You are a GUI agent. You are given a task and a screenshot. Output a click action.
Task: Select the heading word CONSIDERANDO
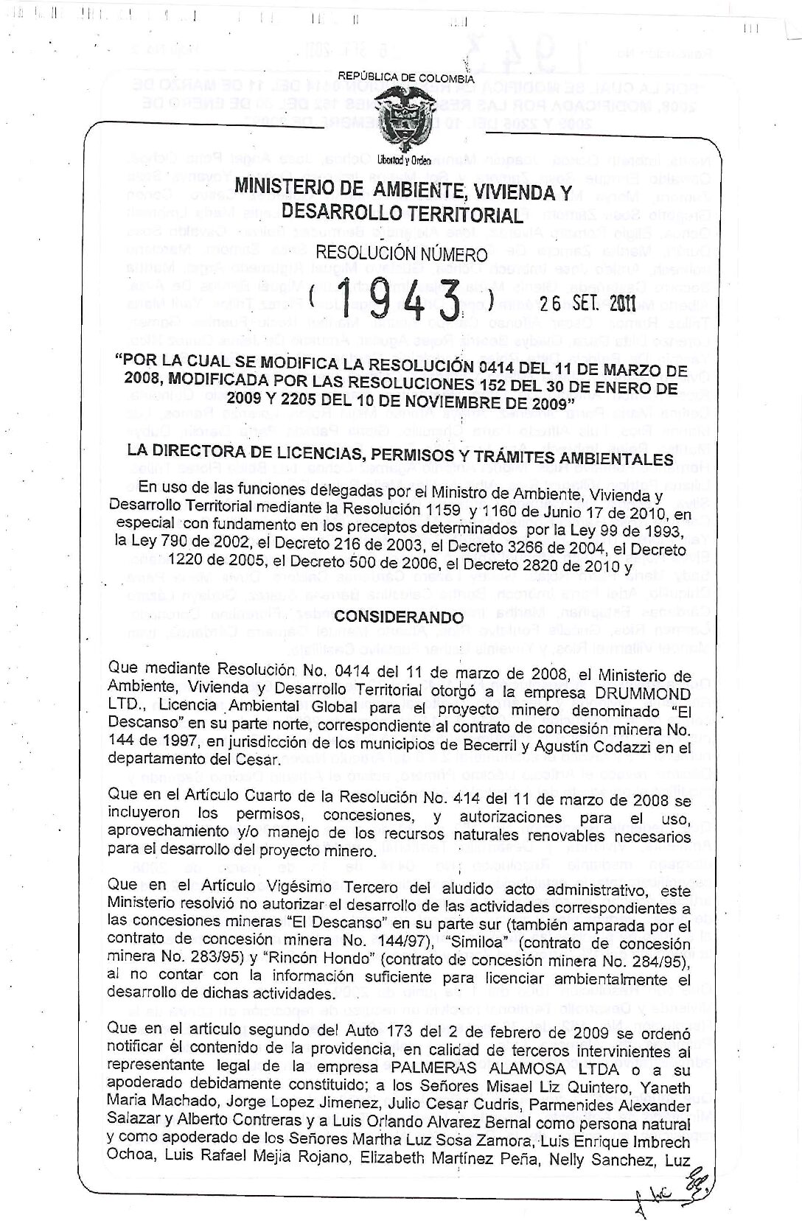401,616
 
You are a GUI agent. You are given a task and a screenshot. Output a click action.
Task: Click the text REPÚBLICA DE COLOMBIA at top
405,77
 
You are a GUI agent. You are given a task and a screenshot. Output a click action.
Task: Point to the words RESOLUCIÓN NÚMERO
402,254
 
